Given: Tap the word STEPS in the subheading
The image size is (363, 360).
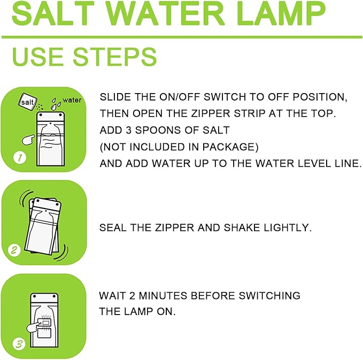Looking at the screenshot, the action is [115, 57].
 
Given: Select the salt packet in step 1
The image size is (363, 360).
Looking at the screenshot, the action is [28, 101].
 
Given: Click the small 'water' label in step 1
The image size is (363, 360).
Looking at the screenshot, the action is [72, 100].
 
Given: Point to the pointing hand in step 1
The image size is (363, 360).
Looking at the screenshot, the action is [28, 140].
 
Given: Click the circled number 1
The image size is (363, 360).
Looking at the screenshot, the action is [20, 158].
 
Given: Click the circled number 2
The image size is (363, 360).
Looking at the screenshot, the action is [14, 250].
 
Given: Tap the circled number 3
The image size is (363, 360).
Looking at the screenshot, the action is [19, 344].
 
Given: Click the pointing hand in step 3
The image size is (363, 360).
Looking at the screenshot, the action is [34, 326].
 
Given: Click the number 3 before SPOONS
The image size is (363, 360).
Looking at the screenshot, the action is [129, 130].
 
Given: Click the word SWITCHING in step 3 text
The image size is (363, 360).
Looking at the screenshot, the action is [269, 296].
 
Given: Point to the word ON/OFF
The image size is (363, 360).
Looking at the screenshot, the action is [180, 97].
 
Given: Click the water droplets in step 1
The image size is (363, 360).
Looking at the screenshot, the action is [56, 104].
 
